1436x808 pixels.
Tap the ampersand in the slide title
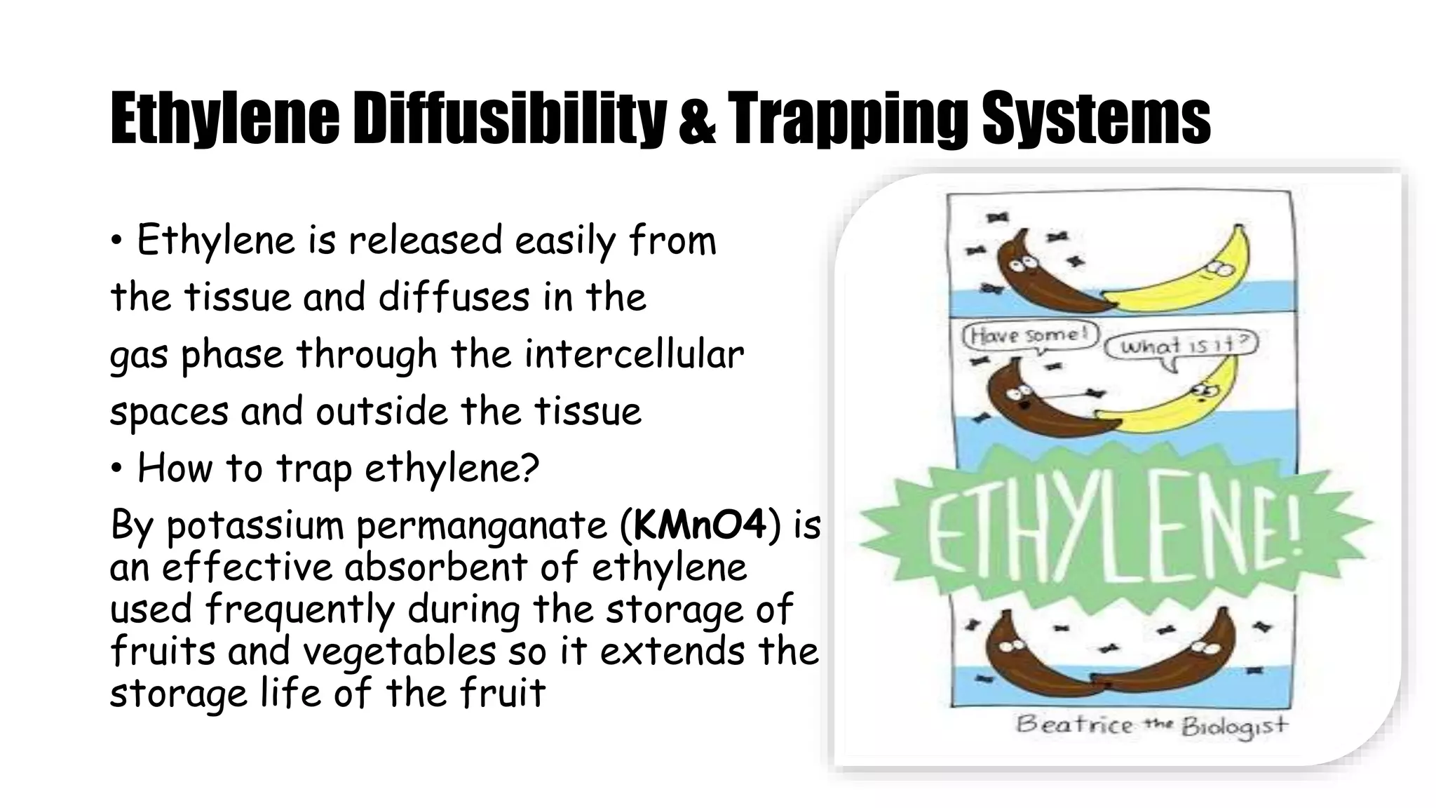point(697,121)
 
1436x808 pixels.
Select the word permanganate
point(482,527)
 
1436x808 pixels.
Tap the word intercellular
point(634,354)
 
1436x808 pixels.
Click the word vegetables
point(400,652)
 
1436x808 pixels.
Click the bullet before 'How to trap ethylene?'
point(117,468)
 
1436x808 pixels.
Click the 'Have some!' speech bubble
point(1029,335)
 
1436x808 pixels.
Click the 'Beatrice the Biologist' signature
point(1151,724)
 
